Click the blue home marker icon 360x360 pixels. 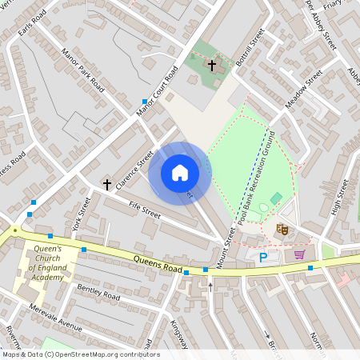click(180, 173)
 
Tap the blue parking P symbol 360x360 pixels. click(263, 258)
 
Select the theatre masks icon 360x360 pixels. click(282, 230)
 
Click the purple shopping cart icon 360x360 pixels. click(300, 254)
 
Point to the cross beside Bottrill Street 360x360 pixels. click(212, 64)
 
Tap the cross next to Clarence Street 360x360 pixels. click(106, 184)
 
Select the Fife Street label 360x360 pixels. click(145, 210)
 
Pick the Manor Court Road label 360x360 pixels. click(157, 90)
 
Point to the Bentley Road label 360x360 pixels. click(98, 291)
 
